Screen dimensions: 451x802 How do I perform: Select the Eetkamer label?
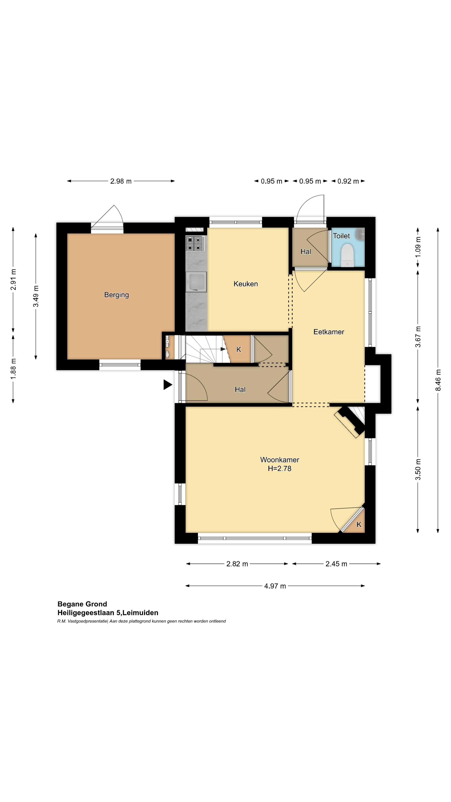click(329, 332)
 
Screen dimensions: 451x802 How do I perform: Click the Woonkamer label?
click(280, 459)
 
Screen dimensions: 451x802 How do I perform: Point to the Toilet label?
click(341, 236)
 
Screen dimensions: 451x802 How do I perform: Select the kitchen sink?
click(196, 282)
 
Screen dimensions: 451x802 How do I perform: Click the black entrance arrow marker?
click(168, 385)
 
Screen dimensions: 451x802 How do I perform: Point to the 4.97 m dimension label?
click(275, 586)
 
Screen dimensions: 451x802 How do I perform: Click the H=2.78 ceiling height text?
click(280, 468)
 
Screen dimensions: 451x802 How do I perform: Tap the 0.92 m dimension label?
click(348, 181)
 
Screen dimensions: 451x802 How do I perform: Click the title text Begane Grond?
click(82, 604)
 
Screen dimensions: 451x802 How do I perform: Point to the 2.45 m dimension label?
click(336, 564)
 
